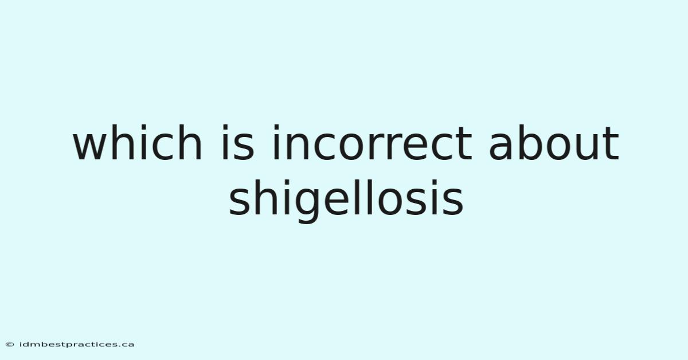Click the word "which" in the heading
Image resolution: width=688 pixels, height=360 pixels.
[x=137, y=143]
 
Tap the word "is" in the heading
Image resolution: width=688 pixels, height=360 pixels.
[x=238, y=143]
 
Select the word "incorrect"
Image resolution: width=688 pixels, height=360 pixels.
[x=373, y=143]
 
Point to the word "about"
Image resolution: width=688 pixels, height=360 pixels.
[x=554, y=143]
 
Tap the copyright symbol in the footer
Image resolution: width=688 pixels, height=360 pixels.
[x=10, y=345]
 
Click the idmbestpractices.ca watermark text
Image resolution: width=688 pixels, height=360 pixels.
[x=77, y=345]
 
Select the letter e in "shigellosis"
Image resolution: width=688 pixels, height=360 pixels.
[x=339, y=201]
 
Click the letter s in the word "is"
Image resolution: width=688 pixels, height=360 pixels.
[x=243, y=147]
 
